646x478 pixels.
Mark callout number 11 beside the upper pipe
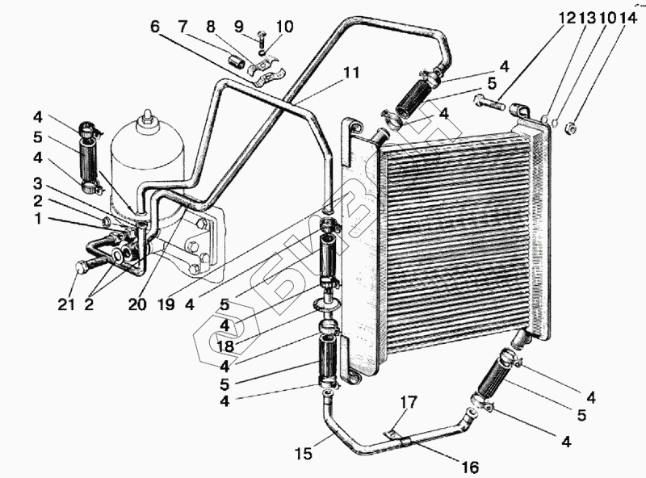click(350, 72)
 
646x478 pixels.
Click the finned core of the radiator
click(452, 242)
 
